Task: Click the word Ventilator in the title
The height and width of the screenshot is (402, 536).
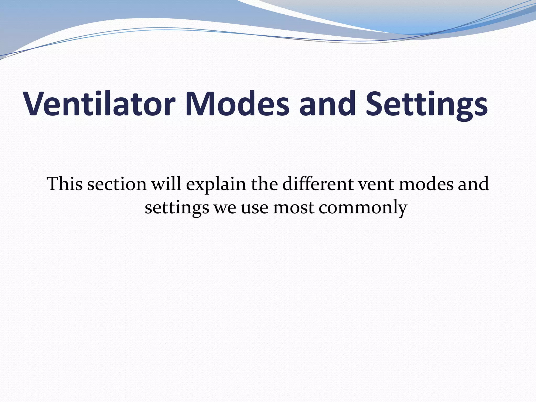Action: coord(99,104)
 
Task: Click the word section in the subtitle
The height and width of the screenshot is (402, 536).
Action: coord(117,184)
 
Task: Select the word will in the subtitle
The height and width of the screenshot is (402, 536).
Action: coord(166,184)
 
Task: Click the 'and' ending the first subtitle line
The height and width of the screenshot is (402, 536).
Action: coord(474,184)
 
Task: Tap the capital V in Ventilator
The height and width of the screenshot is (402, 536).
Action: coord(36,104)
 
